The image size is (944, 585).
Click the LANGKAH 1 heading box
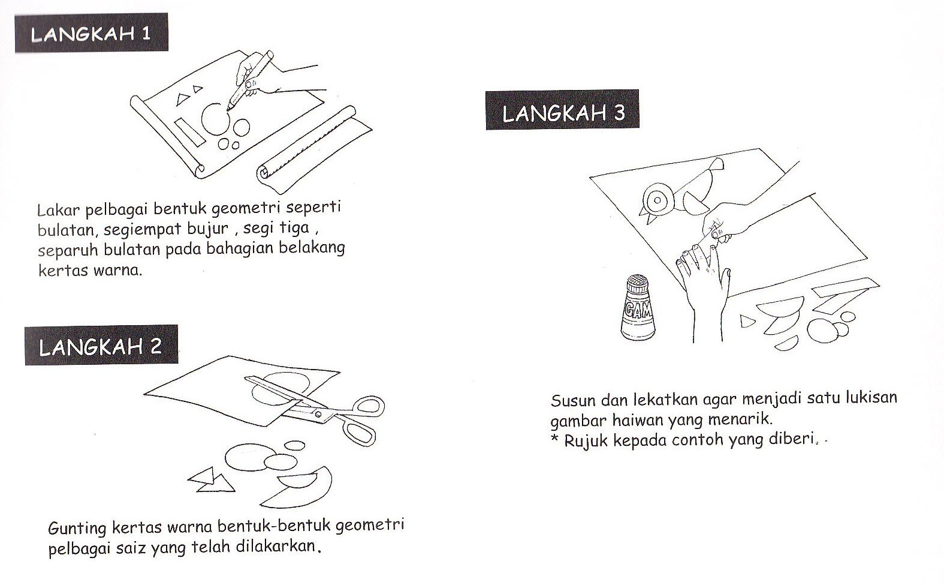tap(91, 33)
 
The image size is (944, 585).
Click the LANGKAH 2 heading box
tap(101, 346)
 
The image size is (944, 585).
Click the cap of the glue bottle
tap(638, 283)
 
